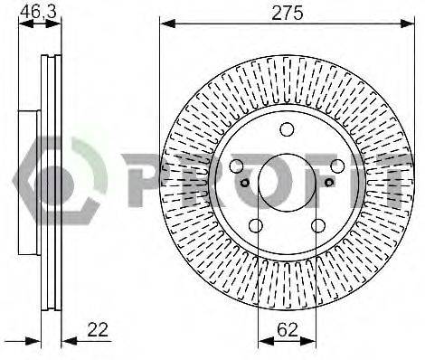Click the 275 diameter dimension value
(287, 13)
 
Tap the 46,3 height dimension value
(38, 13)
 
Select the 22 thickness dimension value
(98, 329)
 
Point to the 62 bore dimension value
(288, 329)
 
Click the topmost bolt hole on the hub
(287, 129)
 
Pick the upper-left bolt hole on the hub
(237, 166)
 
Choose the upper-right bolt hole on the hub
(337, 166)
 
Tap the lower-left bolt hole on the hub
(256, 225)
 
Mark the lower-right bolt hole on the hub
(318, 225)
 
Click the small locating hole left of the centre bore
(245, 182)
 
